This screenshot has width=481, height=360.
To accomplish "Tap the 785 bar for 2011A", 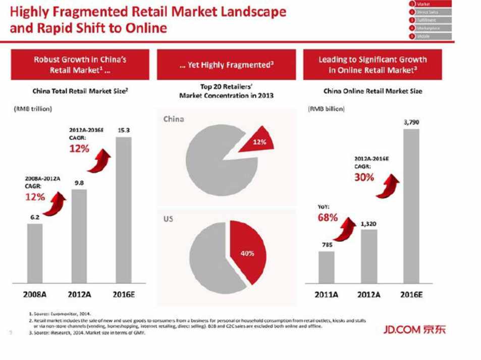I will tap(326, 267).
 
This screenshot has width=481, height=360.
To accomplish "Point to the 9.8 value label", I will tap(79, 183).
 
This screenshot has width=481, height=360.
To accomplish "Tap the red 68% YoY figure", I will tap(328, 218).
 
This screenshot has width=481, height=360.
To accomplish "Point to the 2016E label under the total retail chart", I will tap(123, 295).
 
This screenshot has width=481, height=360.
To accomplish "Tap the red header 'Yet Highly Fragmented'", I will tap(226, 65).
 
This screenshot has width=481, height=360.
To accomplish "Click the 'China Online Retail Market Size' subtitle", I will tap(372, 91).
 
